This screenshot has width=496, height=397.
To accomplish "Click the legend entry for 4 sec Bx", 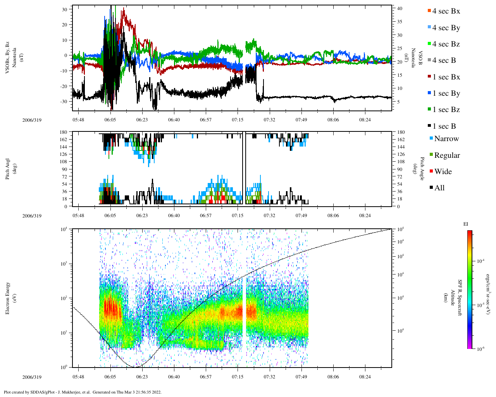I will point(446,11).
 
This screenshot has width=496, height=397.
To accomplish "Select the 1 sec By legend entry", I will point(446,93).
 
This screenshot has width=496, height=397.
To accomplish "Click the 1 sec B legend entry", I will point(444,126).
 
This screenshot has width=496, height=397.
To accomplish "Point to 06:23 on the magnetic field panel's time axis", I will point(142,120).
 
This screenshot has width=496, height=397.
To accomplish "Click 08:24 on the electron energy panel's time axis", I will point(365,377).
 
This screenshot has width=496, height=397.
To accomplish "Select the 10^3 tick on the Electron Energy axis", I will point(64,264).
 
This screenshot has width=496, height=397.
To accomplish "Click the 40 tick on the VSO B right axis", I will point(399,9).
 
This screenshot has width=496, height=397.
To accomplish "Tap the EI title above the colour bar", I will point(466,224).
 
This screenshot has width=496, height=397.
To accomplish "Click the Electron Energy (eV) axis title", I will point(10,298).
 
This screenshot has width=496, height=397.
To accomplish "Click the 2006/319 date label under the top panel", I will point(32,120).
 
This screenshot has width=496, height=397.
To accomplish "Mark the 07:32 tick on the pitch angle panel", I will point(269,216).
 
